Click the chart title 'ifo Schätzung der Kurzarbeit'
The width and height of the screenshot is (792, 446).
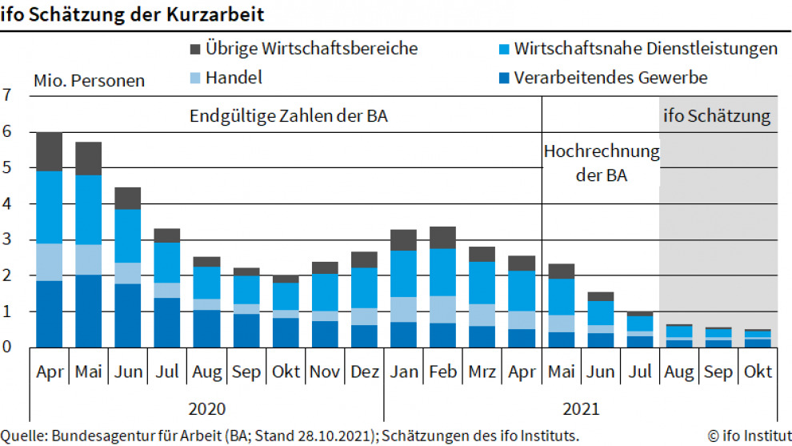coord(133,14)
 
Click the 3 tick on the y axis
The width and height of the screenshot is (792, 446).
coord(8,239)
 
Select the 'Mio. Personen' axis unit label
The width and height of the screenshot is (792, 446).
coord(89,81)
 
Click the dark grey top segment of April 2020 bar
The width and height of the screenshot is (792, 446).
coord(49,151)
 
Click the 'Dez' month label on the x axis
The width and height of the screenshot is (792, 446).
coord(364,372)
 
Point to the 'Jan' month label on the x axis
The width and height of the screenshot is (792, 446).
coord(403,372)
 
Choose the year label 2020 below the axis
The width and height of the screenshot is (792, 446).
coord(206,408)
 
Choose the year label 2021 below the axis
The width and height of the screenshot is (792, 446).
coord(581,408)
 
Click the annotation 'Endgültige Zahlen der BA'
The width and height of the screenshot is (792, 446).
coord(289,116)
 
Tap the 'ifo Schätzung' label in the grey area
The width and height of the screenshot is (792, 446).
coord(717,116)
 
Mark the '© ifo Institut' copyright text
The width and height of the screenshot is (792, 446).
coord(749,436)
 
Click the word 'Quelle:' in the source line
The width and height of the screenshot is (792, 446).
coord(25,436)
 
